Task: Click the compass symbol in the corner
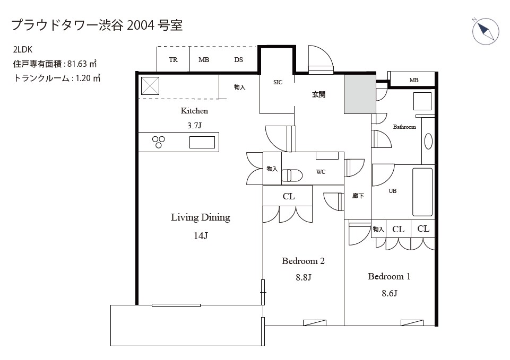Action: (485, 31)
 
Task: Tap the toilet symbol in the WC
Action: (292, 176)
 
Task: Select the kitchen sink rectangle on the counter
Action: (202, 142)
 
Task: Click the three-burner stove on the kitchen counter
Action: (158, 142)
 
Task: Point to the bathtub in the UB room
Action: (422, 192)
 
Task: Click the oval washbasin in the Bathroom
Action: (428, 142)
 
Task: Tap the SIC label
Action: (278, 83)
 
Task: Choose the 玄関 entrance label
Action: (318, 94)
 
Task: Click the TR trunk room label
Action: (173, 60)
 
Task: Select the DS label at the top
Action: (238, 60)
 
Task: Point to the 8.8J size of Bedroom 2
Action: (304, 277)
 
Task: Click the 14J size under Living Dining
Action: (201, 235)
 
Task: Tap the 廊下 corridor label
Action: (358, 196)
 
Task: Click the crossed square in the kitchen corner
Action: (150, 86)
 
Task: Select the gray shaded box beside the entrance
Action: (360, 94)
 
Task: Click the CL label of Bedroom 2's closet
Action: (289, 196)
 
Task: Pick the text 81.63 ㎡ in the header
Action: (82, 64)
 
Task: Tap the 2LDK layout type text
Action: (23, 49)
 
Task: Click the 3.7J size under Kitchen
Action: (195, 126)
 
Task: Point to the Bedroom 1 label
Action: (389, 277)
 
